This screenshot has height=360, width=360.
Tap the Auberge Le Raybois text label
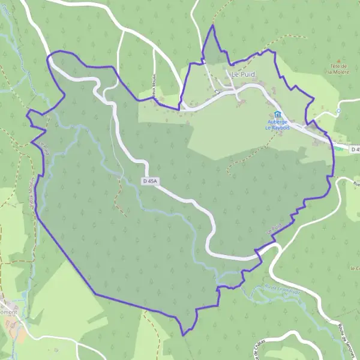click(277, 124)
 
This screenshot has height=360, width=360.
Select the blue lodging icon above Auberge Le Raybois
click(277, 114)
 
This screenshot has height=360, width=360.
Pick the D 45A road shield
click(153, 181)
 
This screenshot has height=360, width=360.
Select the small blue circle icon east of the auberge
click(338, 111)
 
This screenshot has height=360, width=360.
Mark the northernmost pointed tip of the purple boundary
click(212, 26)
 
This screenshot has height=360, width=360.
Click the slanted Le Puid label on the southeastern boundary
click(272, 229)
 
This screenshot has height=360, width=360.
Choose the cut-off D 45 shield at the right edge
click(354, 149)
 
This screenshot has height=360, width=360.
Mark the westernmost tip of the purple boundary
click(27, 112)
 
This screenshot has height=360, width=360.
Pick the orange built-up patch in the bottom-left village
click(20, 333)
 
